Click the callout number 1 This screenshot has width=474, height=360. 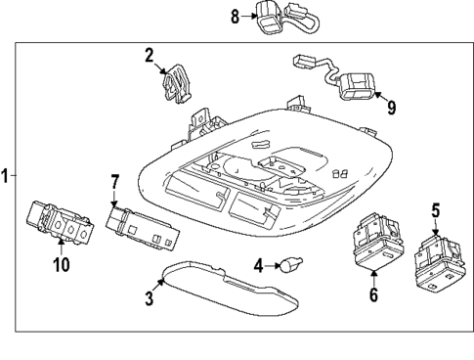(7, 176)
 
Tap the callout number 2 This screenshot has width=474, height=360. (150, 56)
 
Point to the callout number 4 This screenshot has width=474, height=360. (259, 264)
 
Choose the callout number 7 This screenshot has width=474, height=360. (113, 181)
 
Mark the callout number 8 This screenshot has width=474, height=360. (236, 16)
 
